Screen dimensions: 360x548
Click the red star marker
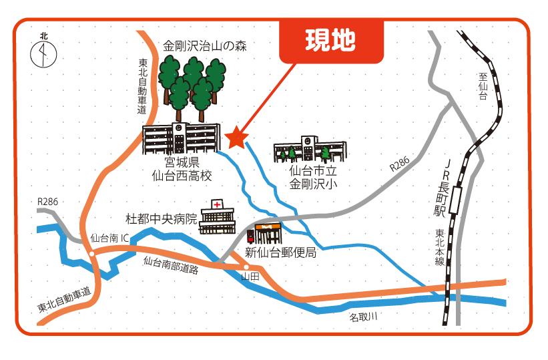point(236,138)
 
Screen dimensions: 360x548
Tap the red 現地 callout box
point(330,41)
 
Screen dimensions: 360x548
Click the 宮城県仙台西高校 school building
point(182,138)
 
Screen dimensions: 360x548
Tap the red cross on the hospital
point(217,204)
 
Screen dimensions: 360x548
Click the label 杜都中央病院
point(162,219)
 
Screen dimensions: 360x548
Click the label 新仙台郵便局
point(280,252)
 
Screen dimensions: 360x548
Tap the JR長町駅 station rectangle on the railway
point(457,199)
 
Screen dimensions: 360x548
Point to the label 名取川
point(363,316)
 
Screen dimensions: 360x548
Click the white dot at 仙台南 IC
point(91,254)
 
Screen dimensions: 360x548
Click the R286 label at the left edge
point(48,201)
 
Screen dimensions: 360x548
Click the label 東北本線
point(440,247)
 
